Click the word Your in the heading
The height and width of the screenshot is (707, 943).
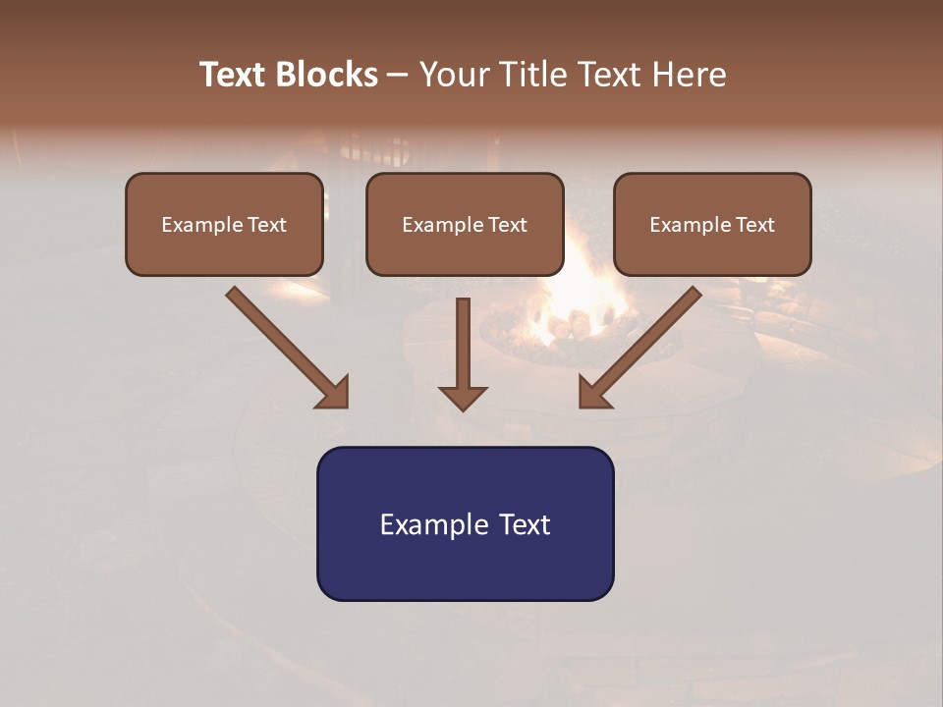[x=453, y=75]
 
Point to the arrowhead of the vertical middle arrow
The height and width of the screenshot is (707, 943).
[x=463, y=397]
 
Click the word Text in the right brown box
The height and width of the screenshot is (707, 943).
[x=754, y=225]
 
